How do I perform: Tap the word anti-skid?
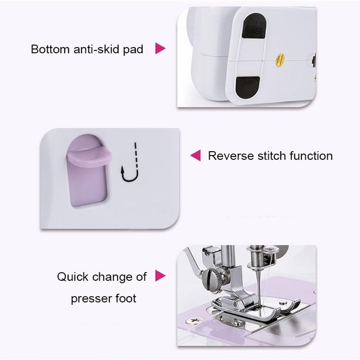95,49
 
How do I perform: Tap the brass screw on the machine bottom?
280,60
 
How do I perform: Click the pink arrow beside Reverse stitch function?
194,156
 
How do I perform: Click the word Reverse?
230,156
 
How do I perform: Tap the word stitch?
271,156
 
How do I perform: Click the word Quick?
73,277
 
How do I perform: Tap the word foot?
126,298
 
